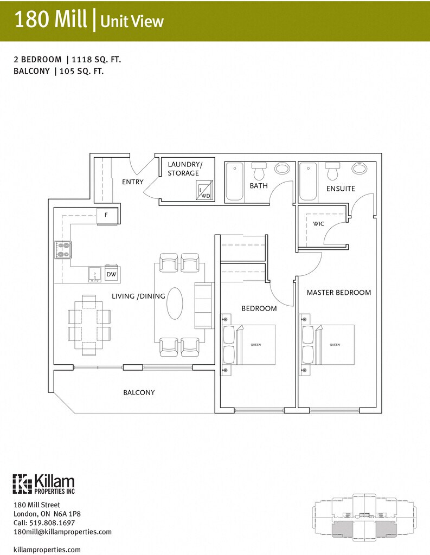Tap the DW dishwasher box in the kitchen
(x=112, y=274)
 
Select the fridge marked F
(x=107, y=216)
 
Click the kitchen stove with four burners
(x=63, y=249)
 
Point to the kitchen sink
(x=94, y=275)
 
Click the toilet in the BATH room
(x=259, y=171)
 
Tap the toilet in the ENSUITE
(x=332, y=171)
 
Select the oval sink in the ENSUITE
(x=360, y=168)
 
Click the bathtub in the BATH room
(x=234, y=182)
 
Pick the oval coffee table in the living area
(x=175, y=304)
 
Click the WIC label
(x=318, y=224)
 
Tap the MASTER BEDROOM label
(x=339, y=292)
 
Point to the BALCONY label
(x=139, y=392)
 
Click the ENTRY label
(x=133, y=182)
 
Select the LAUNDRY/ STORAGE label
(x=184, y=169)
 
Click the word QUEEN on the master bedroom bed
(x=335, y=344)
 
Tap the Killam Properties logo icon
(x=23, y=484)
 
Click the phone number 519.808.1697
(x=53, y=522)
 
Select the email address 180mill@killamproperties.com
(x=63, y=532)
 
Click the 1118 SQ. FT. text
(x=97, y=60)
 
